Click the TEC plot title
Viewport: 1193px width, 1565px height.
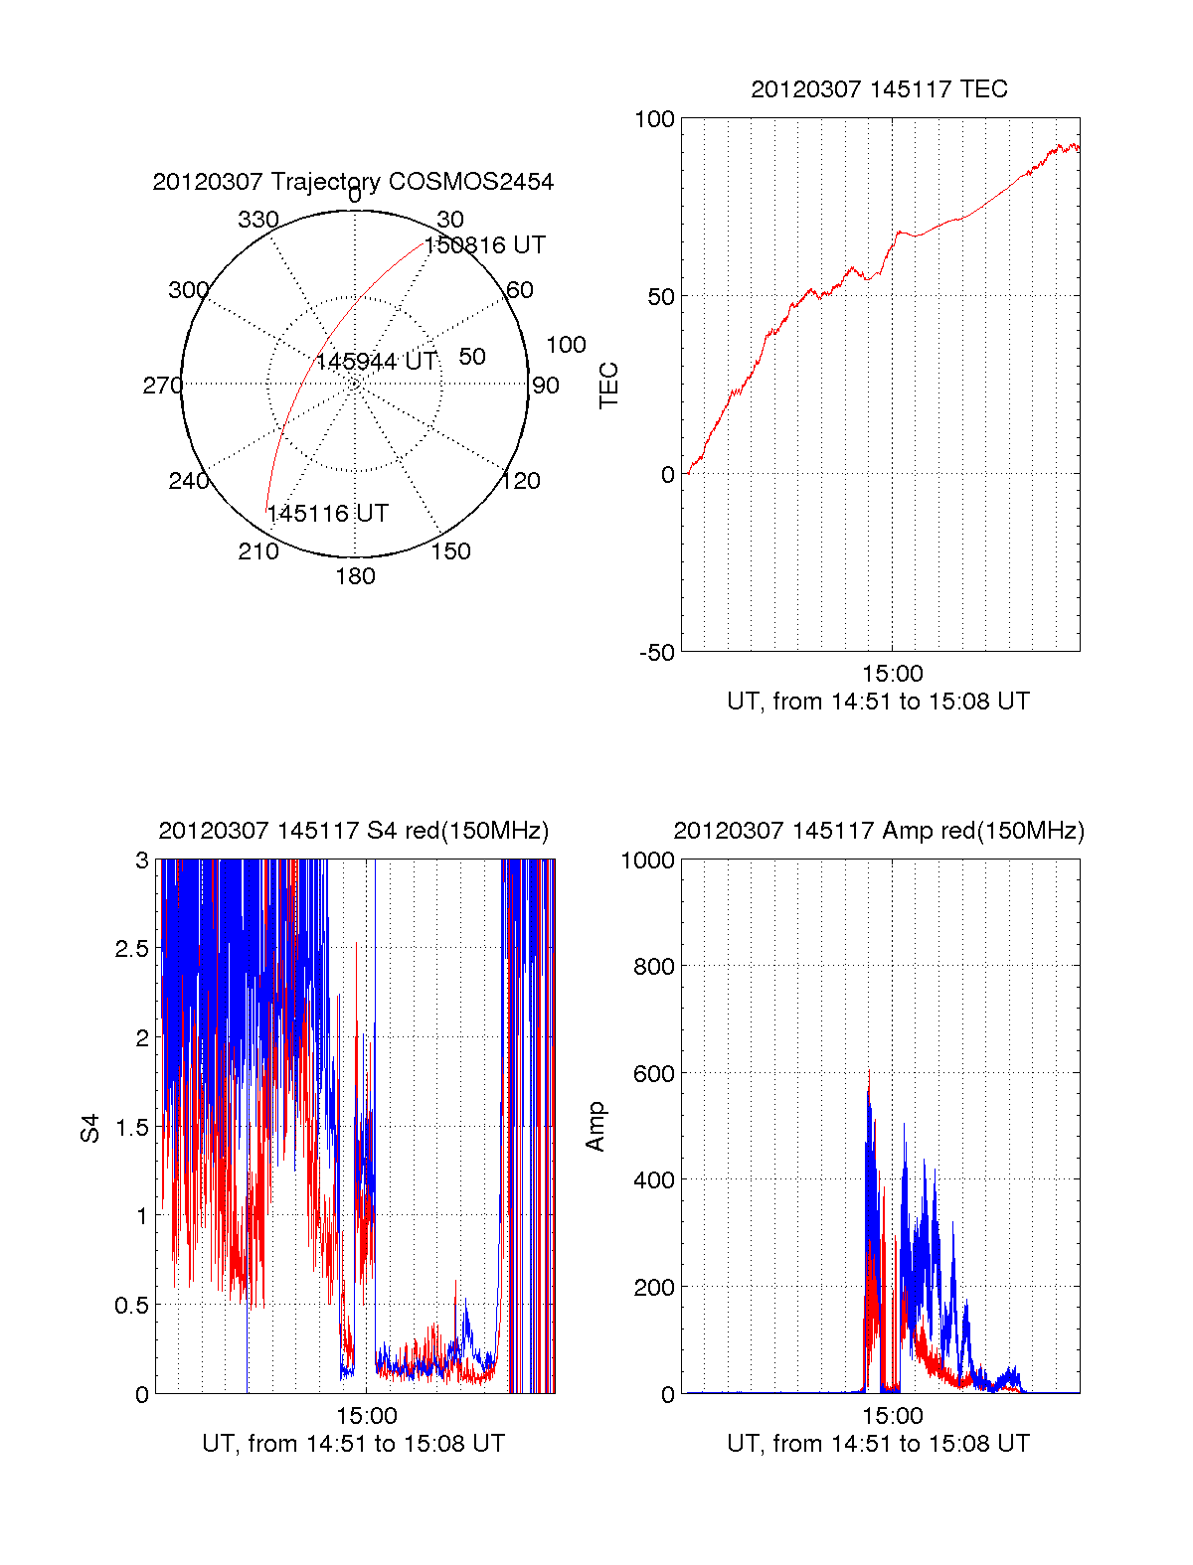[x=879, y=89]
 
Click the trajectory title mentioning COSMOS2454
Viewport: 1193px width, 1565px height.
[x=353, y=182]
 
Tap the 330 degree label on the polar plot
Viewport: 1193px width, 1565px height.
[x=258, y=220]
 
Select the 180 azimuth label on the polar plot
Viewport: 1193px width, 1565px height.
[x=355, y=576]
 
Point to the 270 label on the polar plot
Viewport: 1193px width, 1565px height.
[x=162, y=386]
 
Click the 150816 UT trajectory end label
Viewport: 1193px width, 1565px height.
[x=485, y=245]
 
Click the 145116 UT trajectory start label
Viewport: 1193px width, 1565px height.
[x=328, y=514]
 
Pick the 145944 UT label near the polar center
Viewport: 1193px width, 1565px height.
[x=377, y=362]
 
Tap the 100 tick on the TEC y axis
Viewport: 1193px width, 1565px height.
[x=654, y=119]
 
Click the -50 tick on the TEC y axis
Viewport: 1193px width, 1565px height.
[x=656, y=653]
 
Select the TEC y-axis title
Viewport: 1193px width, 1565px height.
[x=608, y=386]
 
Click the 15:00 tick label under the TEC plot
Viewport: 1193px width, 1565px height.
[x=892, y=675]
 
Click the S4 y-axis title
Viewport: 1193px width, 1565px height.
[x=90, y=1128]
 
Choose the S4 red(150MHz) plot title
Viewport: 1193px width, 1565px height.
[x=353, y=831]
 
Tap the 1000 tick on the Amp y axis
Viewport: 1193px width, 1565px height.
[x=648, y=861]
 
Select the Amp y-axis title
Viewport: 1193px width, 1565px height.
[x=596, y=1127]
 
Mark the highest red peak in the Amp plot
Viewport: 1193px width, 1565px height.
[x=869, y=1071]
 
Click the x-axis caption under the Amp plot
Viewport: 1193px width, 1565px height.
[x=878, y=1444]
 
